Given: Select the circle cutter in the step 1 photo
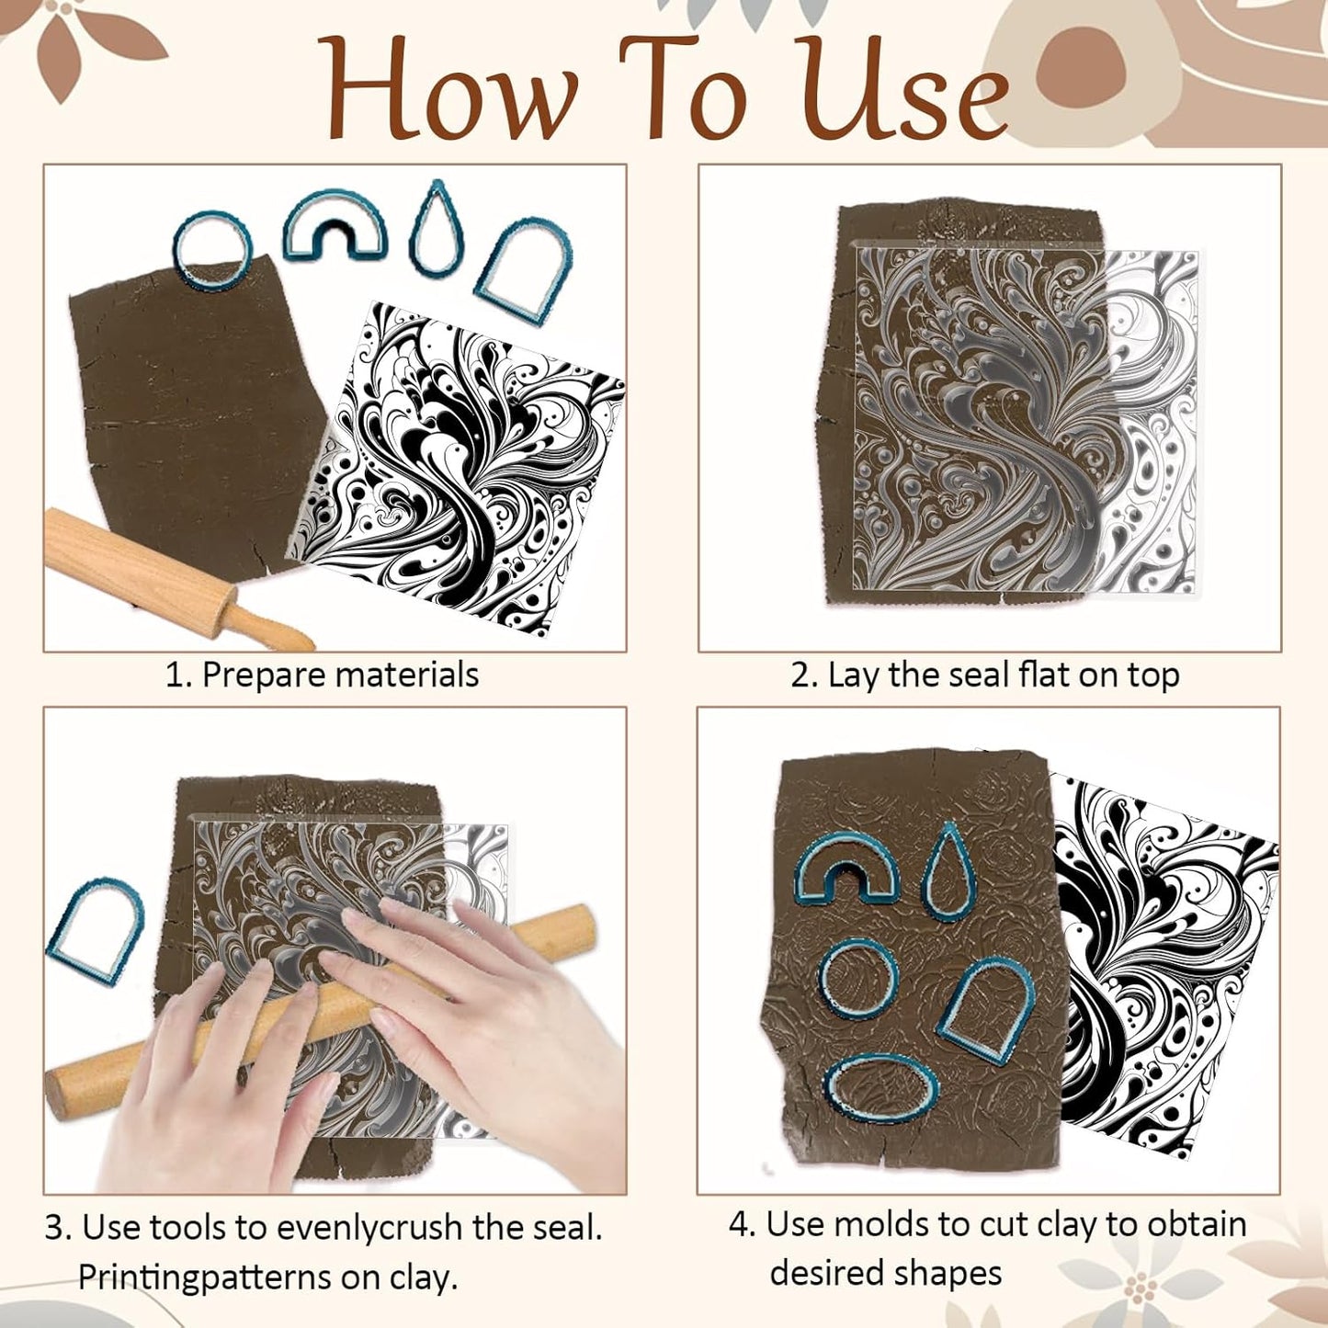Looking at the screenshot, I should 211,249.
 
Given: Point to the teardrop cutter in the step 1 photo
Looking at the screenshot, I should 437,229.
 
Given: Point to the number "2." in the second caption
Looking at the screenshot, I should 804,675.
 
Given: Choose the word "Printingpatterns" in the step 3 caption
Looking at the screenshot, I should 206,1277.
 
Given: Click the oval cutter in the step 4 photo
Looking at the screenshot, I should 880,1089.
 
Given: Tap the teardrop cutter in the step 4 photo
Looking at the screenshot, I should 948,871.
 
